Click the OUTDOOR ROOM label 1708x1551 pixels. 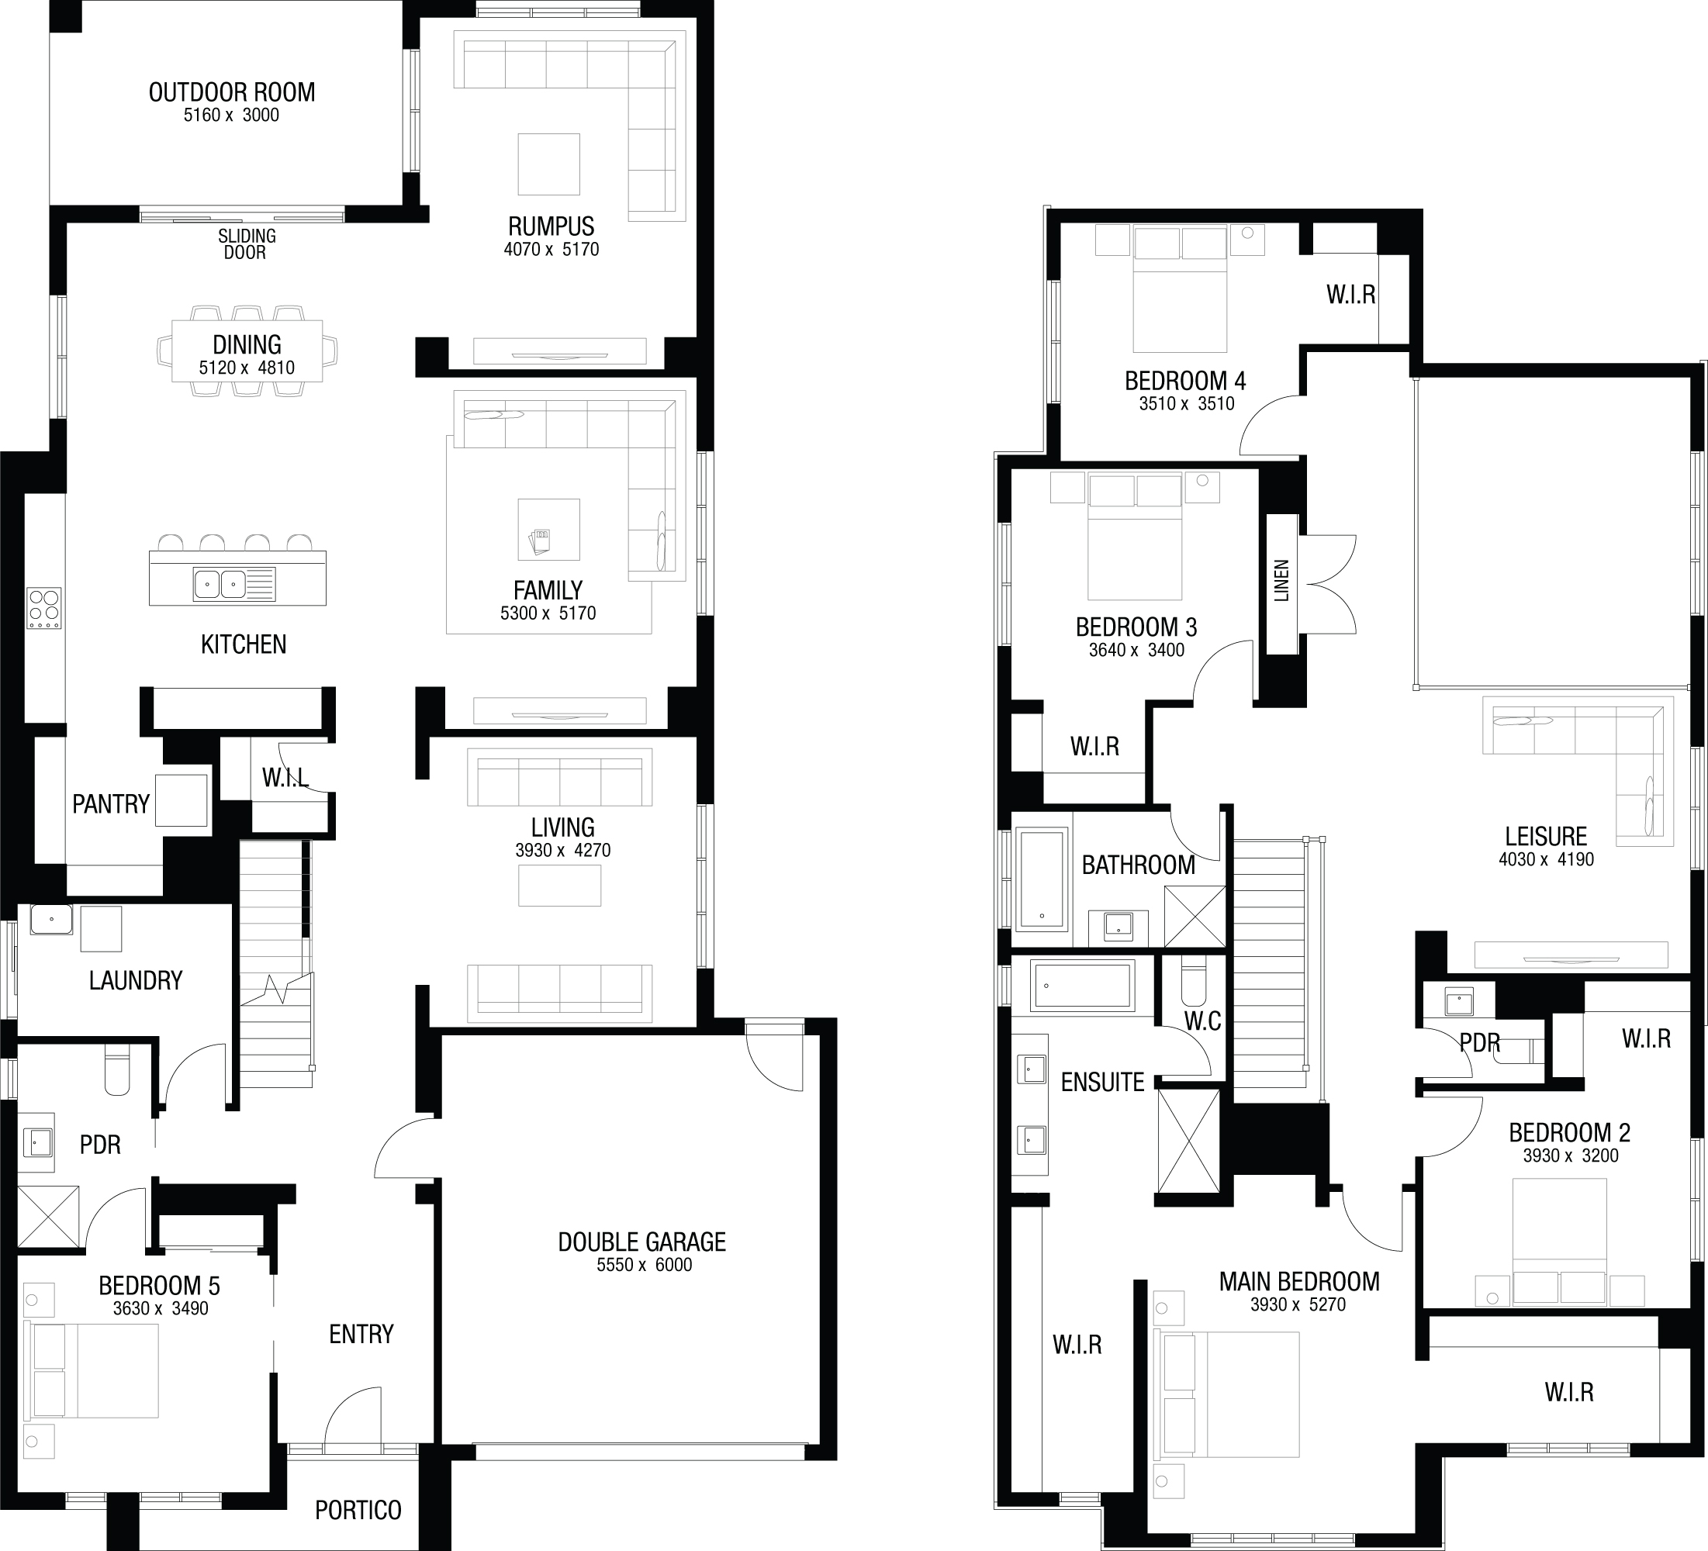[x=232, y=92]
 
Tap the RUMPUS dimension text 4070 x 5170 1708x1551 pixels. [x=551, y=249]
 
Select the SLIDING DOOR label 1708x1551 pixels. [x=246, y=244]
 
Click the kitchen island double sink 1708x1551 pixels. [x=220, y=584]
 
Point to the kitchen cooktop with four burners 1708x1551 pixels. [x=44, y=609]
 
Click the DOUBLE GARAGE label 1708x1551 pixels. [x=642, y=1242]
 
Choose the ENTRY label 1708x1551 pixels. [x=361, y=1334]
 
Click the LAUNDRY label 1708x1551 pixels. [x=136, y=980]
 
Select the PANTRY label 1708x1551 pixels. [x=111, y=804]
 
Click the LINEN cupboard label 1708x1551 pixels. [x=1282, y=581]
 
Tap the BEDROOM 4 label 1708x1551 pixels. [x=1185, y=382]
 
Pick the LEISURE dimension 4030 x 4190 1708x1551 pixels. [x=1546, y=859]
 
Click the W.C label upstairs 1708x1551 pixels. [x=1203, y=1021]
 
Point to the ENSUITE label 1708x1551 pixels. [x=1102, y=1082]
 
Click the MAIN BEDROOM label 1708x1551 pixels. [x=1300, y=1282]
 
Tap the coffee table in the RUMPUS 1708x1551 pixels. [x=549, y=164]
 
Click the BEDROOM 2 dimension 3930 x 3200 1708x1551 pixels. [x=1571, y=1155]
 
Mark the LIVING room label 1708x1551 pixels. [x=562, y=827]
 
